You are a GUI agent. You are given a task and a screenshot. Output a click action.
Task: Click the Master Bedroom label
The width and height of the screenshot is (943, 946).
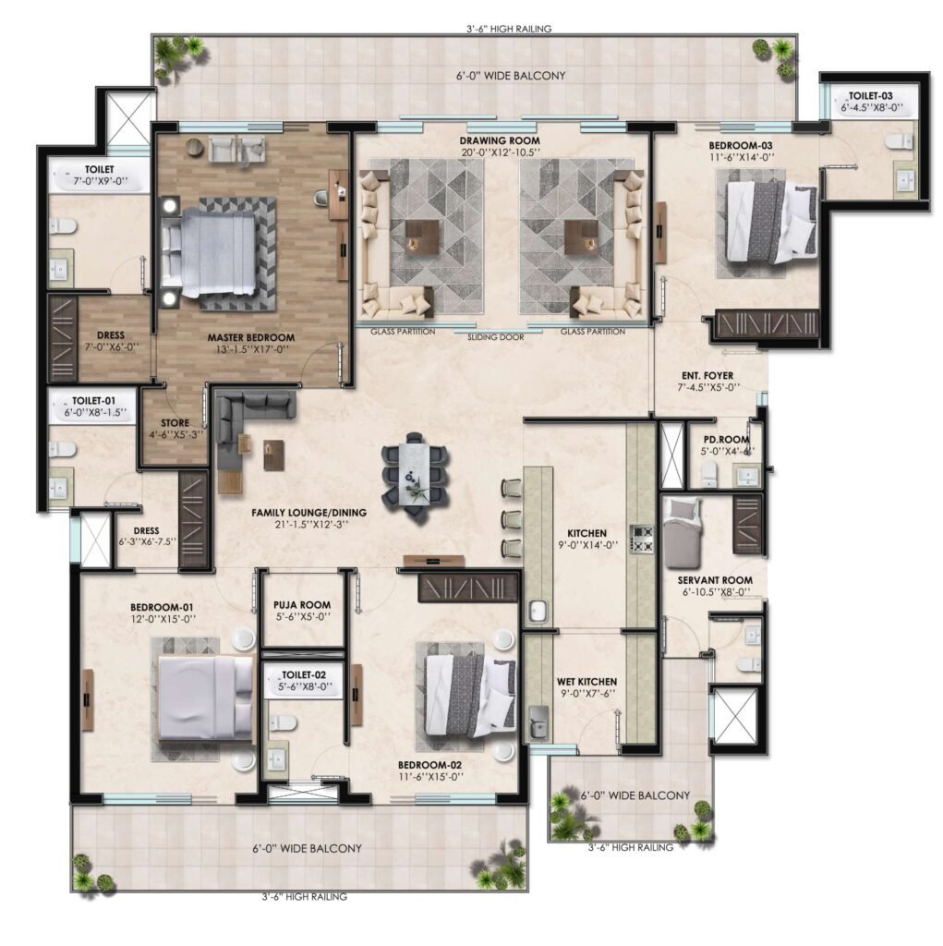(251, 338)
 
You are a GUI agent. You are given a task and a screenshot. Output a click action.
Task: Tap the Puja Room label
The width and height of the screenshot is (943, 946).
(302, 604)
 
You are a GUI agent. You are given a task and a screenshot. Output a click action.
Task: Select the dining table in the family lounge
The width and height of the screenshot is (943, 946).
(416, 474)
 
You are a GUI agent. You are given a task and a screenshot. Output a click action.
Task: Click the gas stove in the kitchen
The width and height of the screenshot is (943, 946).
(641, 540)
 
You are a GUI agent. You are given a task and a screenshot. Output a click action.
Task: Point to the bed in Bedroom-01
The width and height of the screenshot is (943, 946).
(206, 697)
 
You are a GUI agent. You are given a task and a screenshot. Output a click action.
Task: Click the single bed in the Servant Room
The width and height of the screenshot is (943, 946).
(683, 533)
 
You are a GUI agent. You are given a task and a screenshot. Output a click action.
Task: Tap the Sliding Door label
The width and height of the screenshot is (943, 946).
(496, 337)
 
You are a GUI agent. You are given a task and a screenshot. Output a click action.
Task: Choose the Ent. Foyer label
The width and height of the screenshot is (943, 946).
(707, 376)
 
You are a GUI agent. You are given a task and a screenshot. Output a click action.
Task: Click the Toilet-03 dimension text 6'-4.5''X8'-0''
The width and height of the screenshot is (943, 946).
(873, 108)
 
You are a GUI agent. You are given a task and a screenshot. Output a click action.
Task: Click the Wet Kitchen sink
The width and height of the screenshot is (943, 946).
(538, 722)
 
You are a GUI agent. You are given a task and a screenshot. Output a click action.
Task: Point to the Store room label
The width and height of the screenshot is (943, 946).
(175, 423)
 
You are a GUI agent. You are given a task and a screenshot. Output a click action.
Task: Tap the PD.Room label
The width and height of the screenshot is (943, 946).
(726, 440)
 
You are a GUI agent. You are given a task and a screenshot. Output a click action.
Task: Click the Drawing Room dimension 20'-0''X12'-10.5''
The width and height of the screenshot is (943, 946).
(501, 152)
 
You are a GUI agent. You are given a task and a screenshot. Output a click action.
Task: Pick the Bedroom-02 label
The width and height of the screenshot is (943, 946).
(430, 766)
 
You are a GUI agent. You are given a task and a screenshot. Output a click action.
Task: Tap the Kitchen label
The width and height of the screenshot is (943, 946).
(587, 533)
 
